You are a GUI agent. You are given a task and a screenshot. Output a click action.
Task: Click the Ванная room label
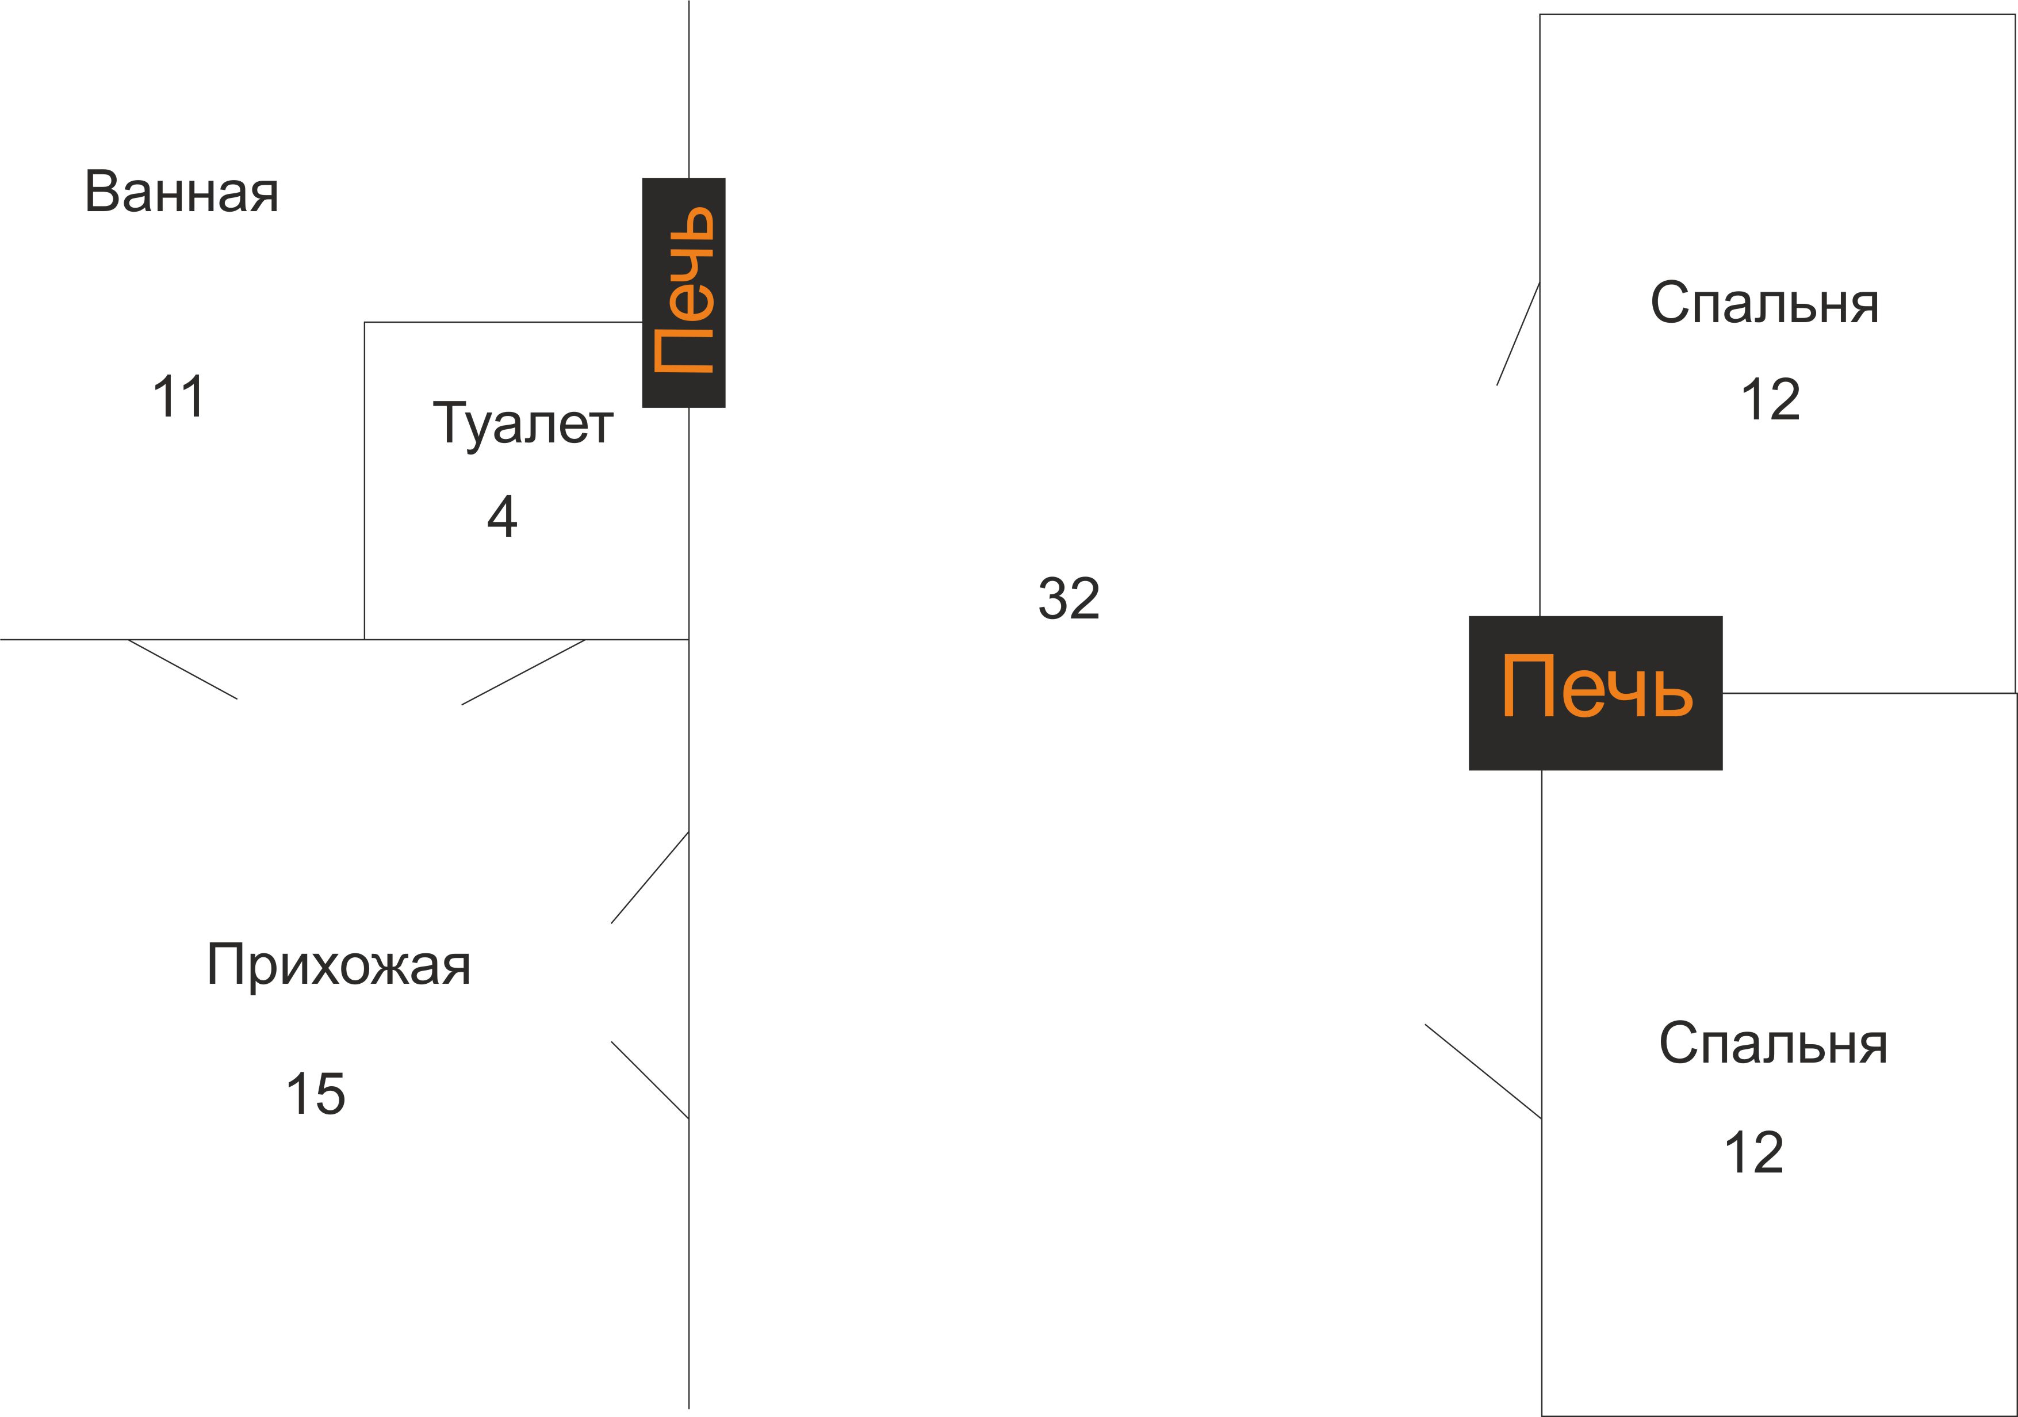tap(181, 193)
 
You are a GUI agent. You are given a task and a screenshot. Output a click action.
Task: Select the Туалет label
tap(523, 425)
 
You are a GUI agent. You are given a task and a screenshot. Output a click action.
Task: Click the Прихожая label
tap(338, 965)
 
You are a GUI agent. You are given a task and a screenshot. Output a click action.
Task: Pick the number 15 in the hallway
tap(316, 1094)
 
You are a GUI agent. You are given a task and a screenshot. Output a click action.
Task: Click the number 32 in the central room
tap(1069, 599)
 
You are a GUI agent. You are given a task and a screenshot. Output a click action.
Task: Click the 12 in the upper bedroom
tap(1770, 400)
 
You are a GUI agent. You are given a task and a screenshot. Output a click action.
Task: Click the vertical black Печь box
tap(684, 293)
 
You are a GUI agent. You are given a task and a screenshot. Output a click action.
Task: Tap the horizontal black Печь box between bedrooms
tap(1595, 694)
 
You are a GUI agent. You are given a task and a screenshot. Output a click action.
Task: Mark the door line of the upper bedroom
tap(1518, 334)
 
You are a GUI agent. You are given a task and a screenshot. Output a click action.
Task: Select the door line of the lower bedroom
tap(1483, 1072)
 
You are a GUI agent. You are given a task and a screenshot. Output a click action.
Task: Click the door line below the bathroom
tap(183, 669)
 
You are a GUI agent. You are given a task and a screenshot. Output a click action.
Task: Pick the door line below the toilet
tap(523, 673)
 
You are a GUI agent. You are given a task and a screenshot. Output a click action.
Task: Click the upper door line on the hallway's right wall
tap(649, 877)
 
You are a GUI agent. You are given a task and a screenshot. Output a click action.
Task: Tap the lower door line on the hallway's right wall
tap(649, 1080)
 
